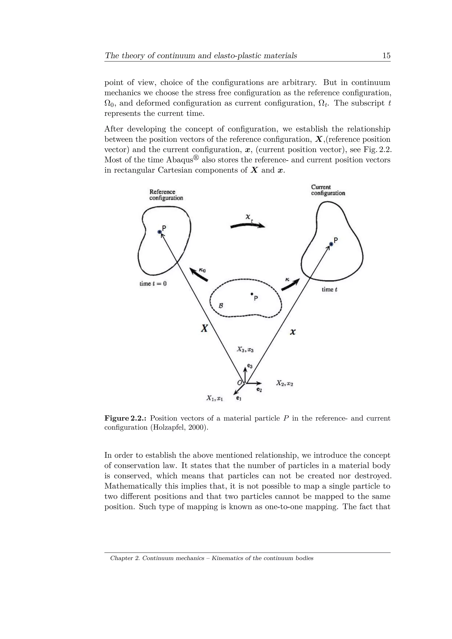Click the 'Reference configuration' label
point(166,195)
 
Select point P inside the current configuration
point(331,244)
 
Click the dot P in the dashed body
point(252,294)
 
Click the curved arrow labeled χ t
point(247,226)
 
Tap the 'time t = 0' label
point(153,284)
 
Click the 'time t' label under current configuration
point(329,289)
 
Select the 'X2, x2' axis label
point(284,383)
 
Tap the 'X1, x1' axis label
point(215,398)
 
